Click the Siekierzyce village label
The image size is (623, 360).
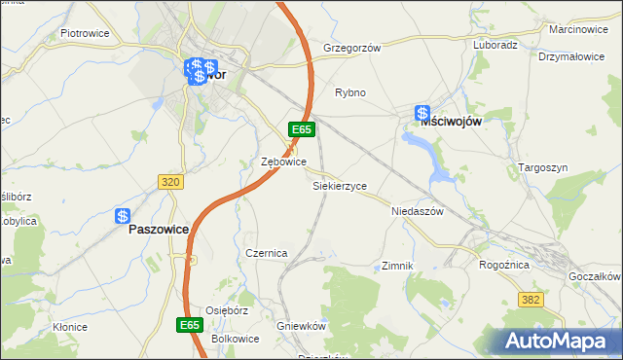click(339, 185)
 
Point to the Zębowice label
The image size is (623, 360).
click(284, 162)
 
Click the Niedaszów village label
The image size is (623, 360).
click(417, 211)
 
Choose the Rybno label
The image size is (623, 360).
click(350, 93)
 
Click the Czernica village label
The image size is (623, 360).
click(266, 253)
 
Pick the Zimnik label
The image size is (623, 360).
click(398, 266)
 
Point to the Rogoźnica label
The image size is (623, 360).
click(503, 265)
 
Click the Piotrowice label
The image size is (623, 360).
click(84, 33)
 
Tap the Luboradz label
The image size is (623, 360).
click(495, 46)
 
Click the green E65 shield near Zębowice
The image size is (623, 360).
click(301, 129)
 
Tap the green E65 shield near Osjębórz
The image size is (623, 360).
click(190, 324)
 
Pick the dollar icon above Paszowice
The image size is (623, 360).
click(123, 216)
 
